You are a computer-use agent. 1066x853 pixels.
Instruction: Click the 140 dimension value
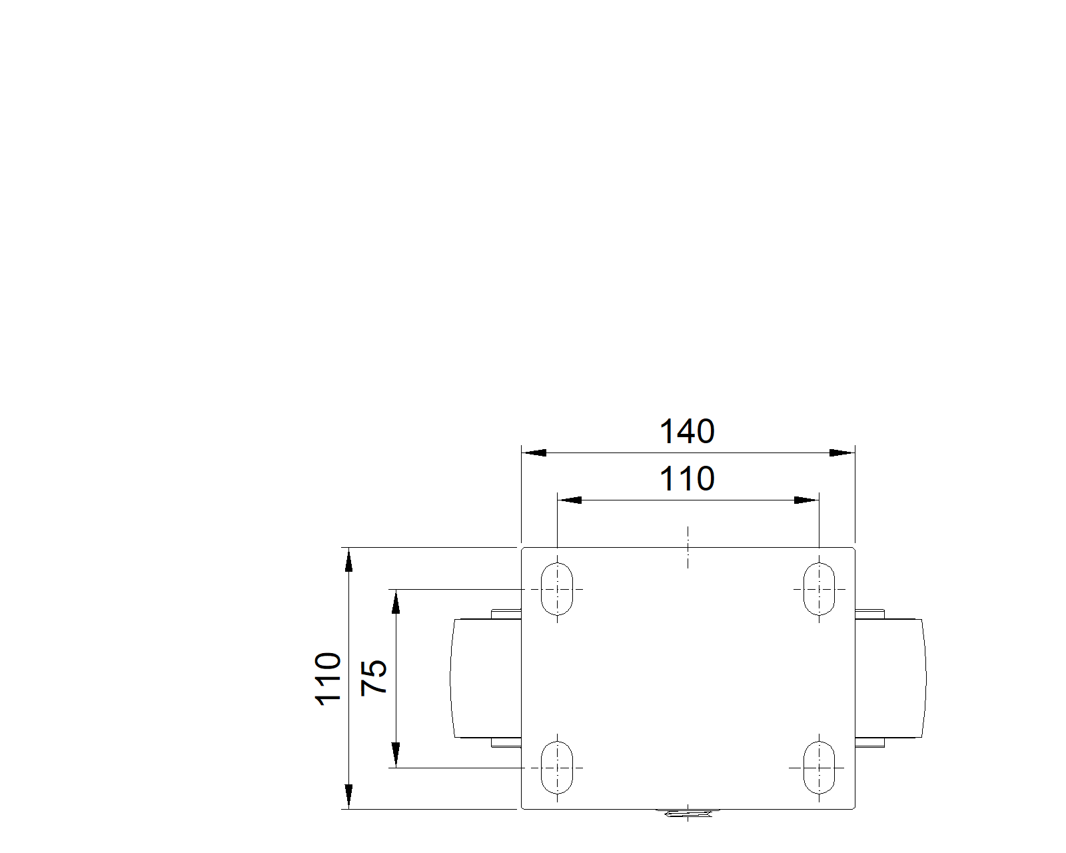(x=686, y=431)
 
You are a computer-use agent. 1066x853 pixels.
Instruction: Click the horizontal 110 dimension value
(x=686, y=478)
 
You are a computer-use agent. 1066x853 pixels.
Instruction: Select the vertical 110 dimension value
(x=328, y=678)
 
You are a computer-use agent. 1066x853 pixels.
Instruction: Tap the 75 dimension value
(x=374, y=678)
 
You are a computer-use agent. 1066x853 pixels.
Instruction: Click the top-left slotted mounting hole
(x=557, y=589)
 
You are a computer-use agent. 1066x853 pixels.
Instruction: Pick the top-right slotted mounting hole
(x=819, y=589)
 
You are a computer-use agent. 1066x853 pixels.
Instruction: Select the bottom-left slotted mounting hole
(x=557, y=768)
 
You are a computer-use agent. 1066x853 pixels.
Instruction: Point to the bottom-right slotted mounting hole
(x=819, y=768)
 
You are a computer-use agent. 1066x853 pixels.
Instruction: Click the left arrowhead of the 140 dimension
(x=534, y=452)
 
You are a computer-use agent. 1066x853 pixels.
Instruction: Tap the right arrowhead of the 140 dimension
(x=842, y=452)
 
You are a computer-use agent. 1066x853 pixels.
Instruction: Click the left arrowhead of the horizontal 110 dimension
(x=569, y=500)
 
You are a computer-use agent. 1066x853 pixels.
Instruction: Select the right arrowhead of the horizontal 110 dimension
(x=806, y=500)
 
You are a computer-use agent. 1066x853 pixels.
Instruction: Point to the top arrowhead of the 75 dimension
(x=395, y=602)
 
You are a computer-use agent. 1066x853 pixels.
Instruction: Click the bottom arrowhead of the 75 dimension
(x=395, y=755)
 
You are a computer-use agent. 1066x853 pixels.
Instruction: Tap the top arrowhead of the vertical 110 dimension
(x=348, y=560)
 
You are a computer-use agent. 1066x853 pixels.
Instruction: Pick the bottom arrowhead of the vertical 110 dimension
(x=348, y=796)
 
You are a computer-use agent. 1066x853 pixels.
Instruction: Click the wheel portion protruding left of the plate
(x=486, y=678)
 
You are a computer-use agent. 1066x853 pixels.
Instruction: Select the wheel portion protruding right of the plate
(x=891, y=678)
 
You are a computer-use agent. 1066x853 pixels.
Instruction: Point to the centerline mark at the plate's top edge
(x=688, y=547)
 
